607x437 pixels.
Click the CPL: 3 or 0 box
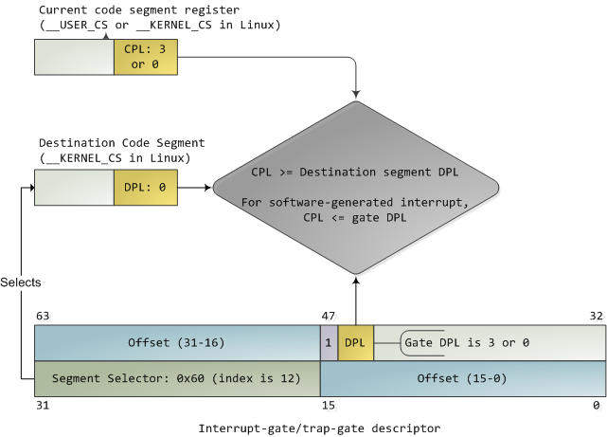(145, 58)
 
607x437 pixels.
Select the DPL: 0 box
(145, 188)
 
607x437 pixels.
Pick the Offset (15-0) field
(463, 378)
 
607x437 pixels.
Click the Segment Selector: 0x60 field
(177, 378)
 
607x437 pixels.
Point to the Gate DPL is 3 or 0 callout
(466, 343)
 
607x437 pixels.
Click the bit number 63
(43, 316)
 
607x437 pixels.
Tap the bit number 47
(329, 316)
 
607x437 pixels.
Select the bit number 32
(596, 316)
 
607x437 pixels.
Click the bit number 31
(43, 406)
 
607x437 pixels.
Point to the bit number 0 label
(597, 406)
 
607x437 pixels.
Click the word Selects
(21, 282)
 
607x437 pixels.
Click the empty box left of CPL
(74, 58)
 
